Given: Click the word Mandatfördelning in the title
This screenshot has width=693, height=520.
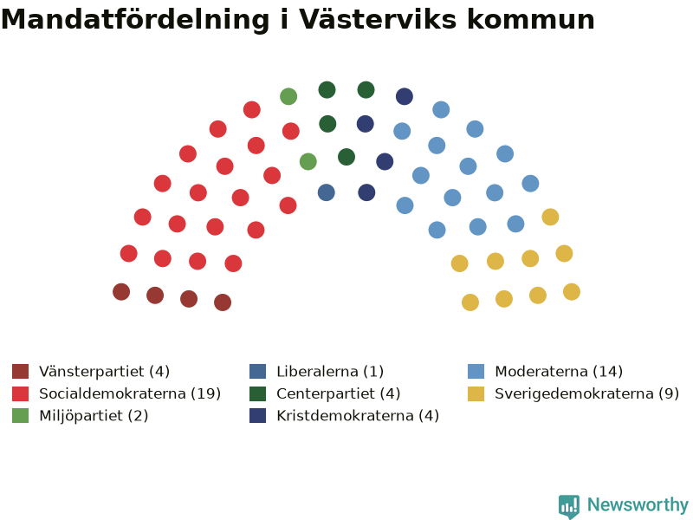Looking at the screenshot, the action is pyautogui.click(x=135, y=20).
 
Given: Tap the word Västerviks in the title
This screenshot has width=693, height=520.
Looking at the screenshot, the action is pyautogui.click(x=379, y=19).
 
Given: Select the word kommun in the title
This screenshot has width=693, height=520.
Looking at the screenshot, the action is pyautogui.click(x=531, y=21).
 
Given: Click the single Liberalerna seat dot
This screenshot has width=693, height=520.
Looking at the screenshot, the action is pyautogui.click(x=327, y=192).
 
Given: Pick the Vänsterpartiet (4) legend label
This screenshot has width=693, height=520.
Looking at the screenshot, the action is pyautogui.click(x=104, y=372).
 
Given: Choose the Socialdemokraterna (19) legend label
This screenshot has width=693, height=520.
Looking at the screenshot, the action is pyautogui.click(x=130, y=393).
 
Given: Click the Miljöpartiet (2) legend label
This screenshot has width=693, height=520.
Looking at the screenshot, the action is pyautogui.click(x=94, y=416).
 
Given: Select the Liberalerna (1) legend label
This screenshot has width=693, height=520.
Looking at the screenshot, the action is pyautogui.click(x=330, y=372).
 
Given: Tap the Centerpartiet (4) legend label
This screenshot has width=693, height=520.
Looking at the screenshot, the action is pyautogui.click(x=339, y=393).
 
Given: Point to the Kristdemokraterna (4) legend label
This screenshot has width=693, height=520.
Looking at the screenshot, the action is pyautogui.click(x=358, y=416).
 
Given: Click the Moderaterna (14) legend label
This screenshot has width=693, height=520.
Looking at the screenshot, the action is pyautogui.click(x=559, y=372).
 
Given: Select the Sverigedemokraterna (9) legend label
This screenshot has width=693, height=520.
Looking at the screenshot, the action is pyautogui.click(x=587, y=393).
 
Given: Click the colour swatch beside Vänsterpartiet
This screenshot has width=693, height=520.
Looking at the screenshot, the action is pyautogui.click(x=20, y=372).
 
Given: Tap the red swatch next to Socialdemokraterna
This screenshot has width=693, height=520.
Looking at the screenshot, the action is pyautogui.click(x=20, y=393).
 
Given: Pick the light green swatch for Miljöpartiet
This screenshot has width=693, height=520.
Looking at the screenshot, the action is pyautogui.click(x=20, y=416).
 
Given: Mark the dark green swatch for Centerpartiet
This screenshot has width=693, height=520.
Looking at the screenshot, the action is pyautogui.click(x=257, y=393).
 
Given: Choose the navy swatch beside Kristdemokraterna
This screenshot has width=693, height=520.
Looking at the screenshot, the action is pyautogui.click(x=257, y=416).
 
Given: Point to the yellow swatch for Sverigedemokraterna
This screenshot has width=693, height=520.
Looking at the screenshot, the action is pyautogui.click(x=476, y=393).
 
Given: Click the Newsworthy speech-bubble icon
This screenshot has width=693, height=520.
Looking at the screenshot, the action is pyautogui.click(x=569, y=506).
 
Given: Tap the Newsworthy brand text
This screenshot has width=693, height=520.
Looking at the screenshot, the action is pyautogui.click(x=638, y=504).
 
